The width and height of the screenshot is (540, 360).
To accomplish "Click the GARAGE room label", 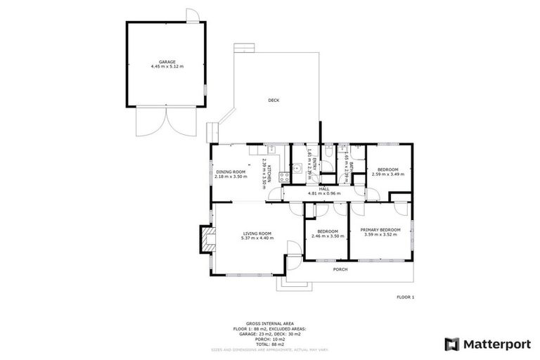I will [x=167, y=62].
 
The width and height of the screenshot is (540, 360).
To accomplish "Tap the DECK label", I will [x=274, y=101].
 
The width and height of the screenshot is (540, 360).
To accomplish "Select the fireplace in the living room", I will [x=205, y=238].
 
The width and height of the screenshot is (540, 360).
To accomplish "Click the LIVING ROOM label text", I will [x=257, y=233].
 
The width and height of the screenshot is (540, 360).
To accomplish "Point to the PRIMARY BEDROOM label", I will [x=380, y=230].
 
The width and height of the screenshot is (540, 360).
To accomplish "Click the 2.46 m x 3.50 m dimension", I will [x=327, y=236].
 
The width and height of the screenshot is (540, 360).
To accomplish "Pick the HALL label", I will [x=324, y=188].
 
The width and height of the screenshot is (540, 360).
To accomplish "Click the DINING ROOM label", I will [x=231, y=172].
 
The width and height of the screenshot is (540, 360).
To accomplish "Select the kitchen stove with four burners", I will [x=284, y=177].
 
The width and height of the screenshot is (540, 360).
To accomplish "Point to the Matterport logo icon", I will [x=452, y=344].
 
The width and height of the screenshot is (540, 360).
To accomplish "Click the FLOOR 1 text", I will [x=406, y=297].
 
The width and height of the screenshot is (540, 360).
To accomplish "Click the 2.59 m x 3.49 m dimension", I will [x=388, y=174].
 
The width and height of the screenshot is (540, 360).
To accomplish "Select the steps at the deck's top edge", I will [x=243, y=49].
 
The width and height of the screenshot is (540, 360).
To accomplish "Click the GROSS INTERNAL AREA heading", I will [x=269, y=325].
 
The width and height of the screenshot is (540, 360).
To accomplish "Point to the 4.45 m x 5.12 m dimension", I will [x=167, y=67].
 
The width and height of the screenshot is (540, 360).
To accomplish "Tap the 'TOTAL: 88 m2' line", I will [x=269, y=344].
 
